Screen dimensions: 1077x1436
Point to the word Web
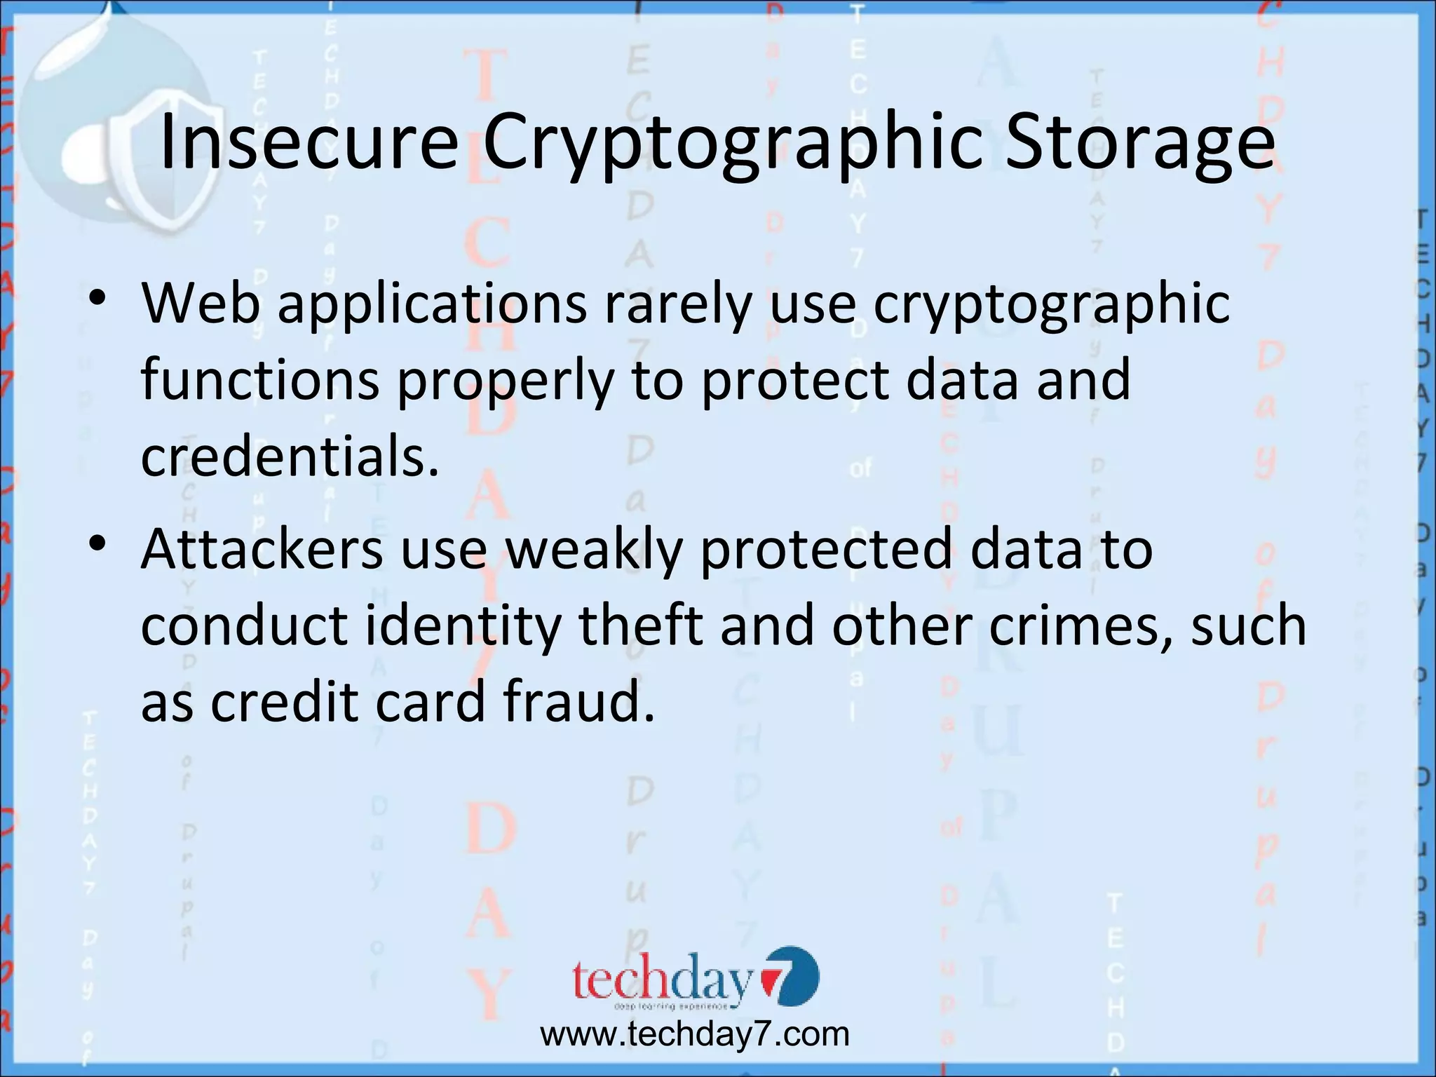[x=201, y=303]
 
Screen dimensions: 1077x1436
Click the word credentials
[x=290, y=456]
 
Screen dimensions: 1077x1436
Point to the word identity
[x=463, y=626]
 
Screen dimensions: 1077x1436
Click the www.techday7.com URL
[x=694, y=1034]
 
